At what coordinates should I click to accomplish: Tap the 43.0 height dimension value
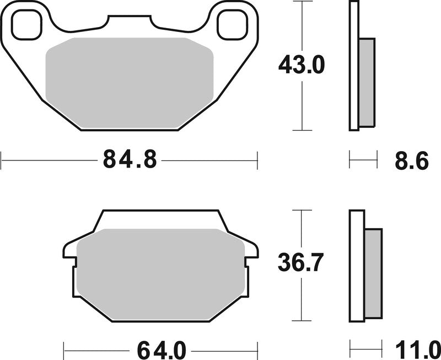point(302,66)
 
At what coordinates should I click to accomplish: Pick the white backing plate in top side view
point(353,66)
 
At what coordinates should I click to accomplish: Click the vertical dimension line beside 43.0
point(300,105)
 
